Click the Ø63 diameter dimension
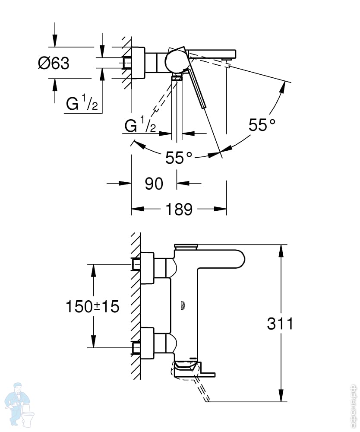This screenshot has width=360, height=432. (x=54, y=63)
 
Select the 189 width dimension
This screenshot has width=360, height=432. (x=179, y=210)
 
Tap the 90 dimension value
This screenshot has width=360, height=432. (x=154, y=184)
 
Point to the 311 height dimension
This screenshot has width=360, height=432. (x=280, y=323)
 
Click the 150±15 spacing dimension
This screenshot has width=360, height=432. (x=92, y=307)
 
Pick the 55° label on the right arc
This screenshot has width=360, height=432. (x=262, y=125)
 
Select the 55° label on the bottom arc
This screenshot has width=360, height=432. (x=179, y=158)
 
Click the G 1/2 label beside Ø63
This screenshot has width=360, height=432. (x=82, y=104)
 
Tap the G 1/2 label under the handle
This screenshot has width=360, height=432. (x=140, y=126)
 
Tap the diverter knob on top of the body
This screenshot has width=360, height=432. (x=186, y=247)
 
